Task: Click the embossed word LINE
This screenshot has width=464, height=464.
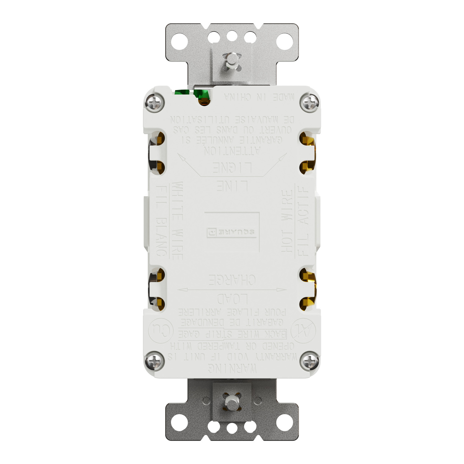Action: [x=232, y=186]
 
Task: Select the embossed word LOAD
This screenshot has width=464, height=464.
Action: [x=232, y=299]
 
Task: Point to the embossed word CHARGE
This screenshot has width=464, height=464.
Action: [x=232, y=280]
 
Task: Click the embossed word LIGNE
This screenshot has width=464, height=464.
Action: [x=232, y=168]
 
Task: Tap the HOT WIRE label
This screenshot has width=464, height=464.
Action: [x=287, y=221]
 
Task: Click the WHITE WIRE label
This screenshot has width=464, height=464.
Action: [x=177, y=221]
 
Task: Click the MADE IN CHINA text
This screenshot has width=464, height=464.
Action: [x=259, y=97]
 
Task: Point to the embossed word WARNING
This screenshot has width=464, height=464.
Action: [x=232, y=368]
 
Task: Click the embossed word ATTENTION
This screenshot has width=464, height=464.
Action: [x=232, y=151]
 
